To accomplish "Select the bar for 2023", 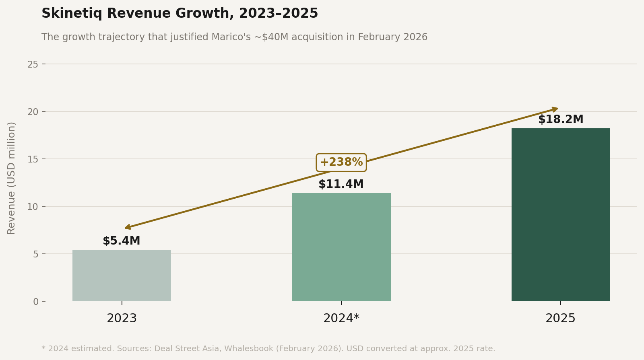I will coord(122,276).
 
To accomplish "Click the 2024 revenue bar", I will coord(341,247).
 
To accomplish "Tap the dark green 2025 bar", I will coord(560,215).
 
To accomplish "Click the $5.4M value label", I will coord(122,241).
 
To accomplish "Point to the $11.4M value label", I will coord(341,184).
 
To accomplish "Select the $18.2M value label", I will coord(560,119).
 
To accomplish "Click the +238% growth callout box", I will coord(341,163).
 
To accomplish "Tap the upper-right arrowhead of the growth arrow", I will coord(556,109).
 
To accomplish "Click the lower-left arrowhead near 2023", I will coord(127,228).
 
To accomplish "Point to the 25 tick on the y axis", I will coord(33,64).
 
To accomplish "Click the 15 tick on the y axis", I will coord(33,159).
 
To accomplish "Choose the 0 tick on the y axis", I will coord(36,302).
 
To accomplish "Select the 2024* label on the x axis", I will coord(341,319).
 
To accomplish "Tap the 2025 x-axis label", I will coord(560,319).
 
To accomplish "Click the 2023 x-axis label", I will coord(122,319).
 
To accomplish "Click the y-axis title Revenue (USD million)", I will coord(11,178).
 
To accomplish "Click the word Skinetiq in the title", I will coord(72,14).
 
